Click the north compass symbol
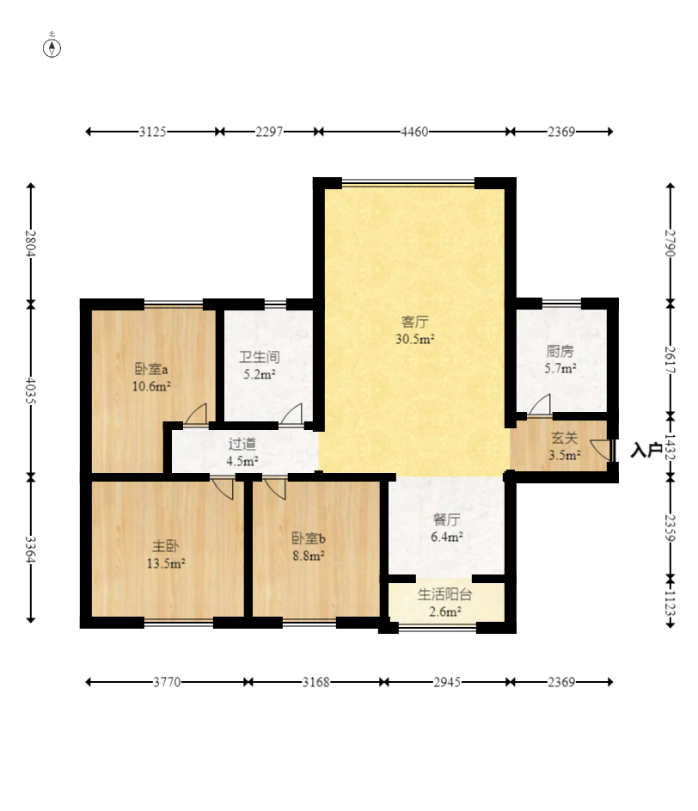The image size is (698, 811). [52, 47]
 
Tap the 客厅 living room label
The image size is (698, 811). [414, 322]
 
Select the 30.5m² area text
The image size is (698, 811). [414, 340]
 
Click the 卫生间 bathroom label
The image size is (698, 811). [259, 357]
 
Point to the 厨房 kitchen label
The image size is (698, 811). [560, 351]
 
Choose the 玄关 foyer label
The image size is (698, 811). [564, 438]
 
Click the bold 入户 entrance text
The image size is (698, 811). [646, 450]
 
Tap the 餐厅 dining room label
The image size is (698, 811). [447, 519]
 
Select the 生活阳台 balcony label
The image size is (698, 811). [444, 594]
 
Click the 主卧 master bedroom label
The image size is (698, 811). [165, 545]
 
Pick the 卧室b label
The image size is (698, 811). [308, 538]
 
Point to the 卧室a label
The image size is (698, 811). [151, 369]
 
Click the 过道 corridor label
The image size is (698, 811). [242, 443]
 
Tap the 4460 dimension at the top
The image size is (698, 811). [414, 132]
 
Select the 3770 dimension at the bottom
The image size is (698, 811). [167, 682]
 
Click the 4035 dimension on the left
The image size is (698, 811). [31, 391]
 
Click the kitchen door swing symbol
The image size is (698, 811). [541, 404]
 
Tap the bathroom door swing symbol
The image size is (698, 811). [291, 415]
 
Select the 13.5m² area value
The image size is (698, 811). [166, 563]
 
